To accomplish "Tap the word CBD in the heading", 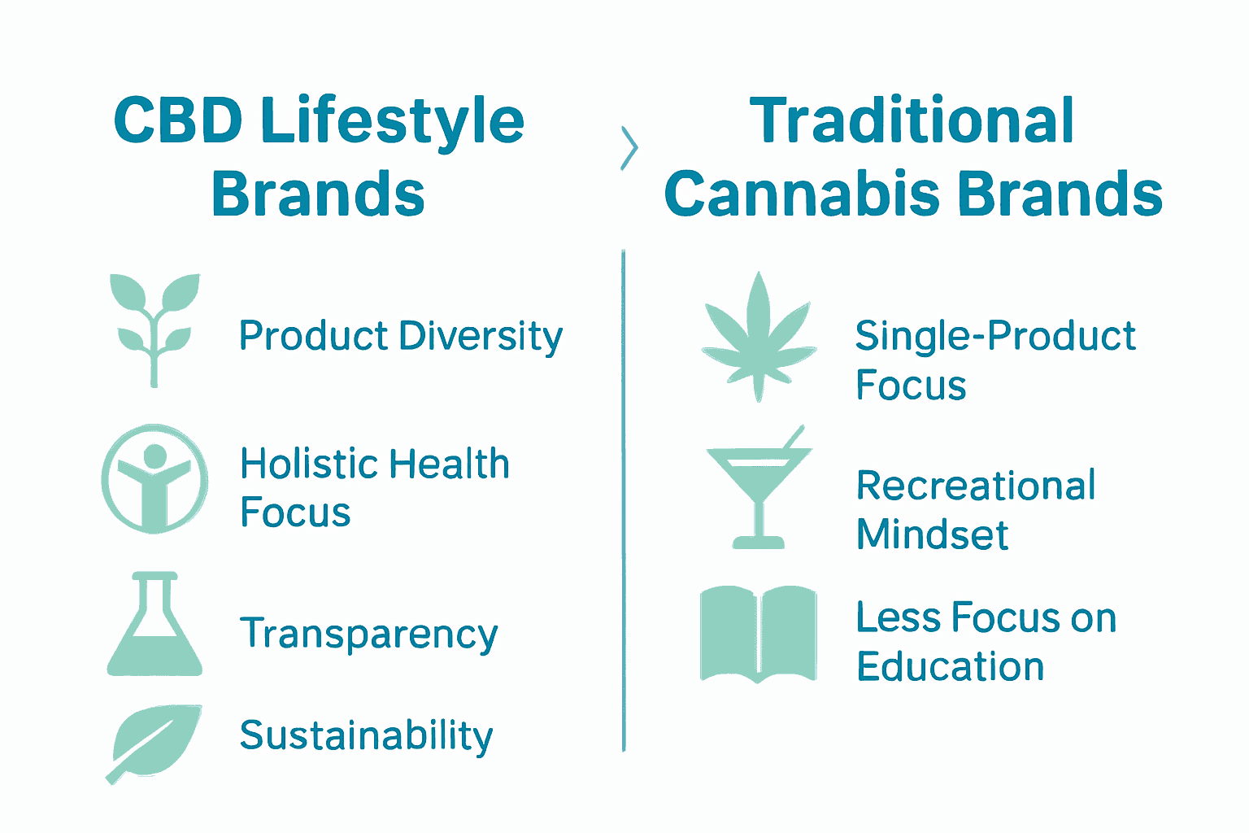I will [177, 122].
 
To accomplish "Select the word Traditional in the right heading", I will [912, 122].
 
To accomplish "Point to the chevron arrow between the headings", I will [629, 148].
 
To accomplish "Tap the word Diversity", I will [481, 337].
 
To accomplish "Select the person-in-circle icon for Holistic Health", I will [154, 478].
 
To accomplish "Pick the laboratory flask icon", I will [154, 625].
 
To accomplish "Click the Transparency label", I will [368, 635].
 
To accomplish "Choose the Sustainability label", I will [366, 735].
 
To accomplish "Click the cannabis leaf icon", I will [759, 337].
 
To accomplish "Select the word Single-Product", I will [995, 337].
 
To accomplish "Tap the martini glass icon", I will [759, 488].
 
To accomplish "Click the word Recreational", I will [976, 486].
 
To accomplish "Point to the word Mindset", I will [932, 535].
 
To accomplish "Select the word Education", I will [950, 667].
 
